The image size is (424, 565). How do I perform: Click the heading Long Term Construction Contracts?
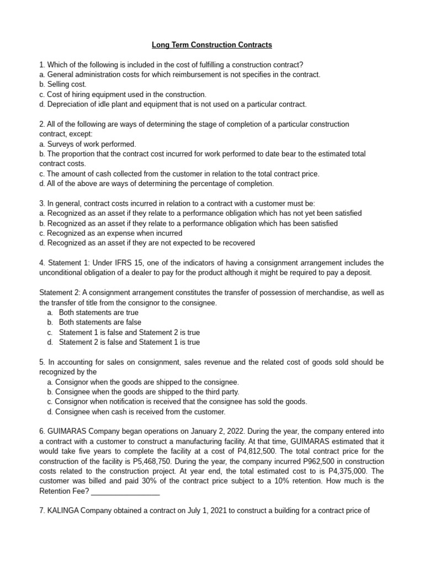pyautogui.click(x=213, y=44)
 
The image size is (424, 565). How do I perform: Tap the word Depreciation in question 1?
pyautogui.click(x=69, y=104)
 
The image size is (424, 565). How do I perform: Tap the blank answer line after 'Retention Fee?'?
pyautogui.click(x=128, y=491)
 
